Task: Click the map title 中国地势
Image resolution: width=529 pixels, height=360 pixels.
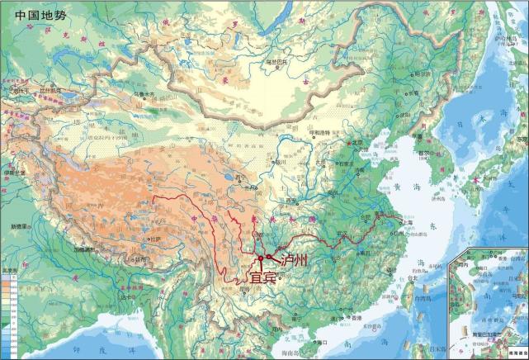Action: point(41,15)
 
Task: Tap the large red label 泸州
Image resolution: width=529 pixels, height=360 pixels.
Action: point(294,261)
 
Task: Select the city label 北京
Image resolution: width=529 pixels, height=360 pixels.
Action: point(357,141)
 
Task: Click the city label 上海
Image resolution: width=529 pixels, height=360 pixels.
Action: point(407,222)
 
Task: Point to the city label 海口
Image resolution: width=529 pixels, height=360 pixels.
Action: point(323,341)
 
